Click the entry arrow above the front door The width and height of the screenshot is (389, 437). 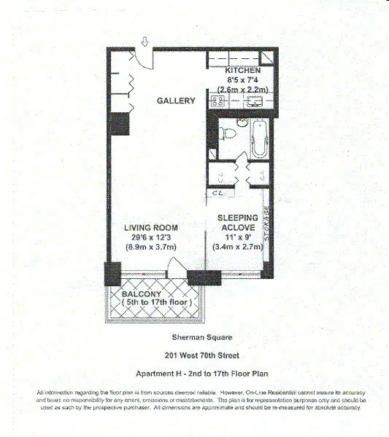point(144,41)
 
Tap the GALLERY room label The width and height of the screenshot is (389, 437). point(174,101)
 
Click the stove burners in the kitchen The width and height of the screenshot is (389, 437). point(217,101)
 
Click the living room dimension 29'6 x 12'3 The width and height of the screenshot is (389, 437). point(147,237)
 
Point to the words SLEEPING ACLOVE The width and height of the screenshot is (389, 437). point(236,222)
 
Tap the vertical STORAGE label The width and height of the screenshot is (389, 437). point(267,227)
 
